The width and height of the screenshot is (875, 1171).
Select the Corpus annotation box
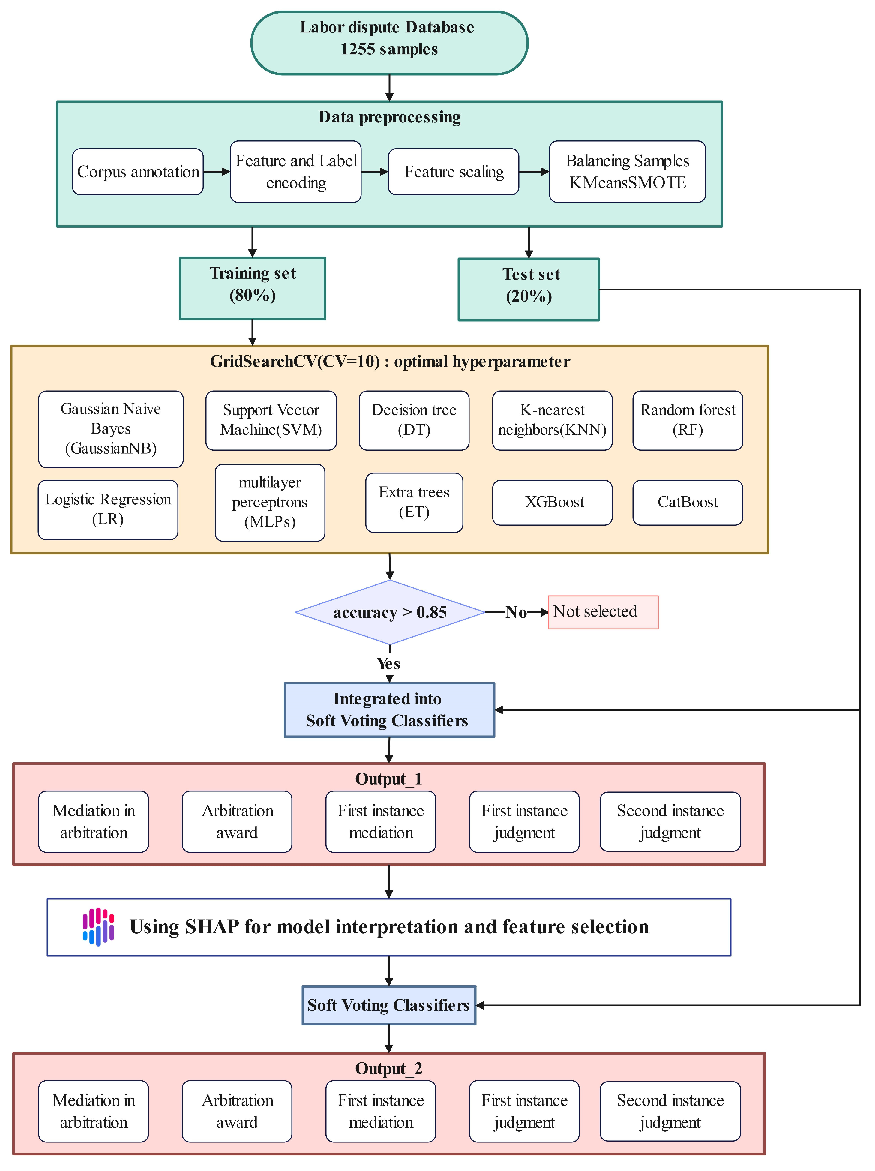[x=138, y=172]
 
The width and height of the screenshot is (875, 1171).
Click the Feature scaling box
[x=453, y=172]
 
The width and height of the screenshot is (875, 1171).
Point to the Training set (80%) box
[x=253, y=289]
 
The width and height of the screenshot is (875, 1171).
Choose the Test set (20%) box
[x=528, y=289]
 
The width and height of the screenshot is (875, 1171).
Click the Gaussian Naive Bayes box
[x=111, y=429]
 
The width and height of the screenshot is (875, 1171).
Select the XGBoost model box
[x=552, y=502]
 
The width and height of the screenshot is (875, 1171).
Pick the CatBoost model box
[x=687, y=502]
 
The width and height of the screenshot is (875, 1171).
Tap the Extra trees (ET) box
[x=414, y=502]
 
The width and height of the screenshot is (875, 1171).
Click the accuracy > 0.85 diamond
[x=390, y=612]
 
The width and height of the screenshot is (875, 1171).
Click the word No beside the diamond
[x=516, y=612]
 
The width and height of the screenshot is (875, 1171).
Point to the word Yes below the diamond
[x=388, y=663]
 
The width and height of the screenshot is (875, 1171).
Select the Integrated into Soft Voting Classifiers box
[x=389, y=709]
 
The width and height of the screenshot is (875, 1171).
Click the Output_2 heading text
[x=388, y=1068]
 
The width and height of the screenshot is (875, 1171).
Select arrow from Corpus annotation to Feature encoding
[x=217, y=172]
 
